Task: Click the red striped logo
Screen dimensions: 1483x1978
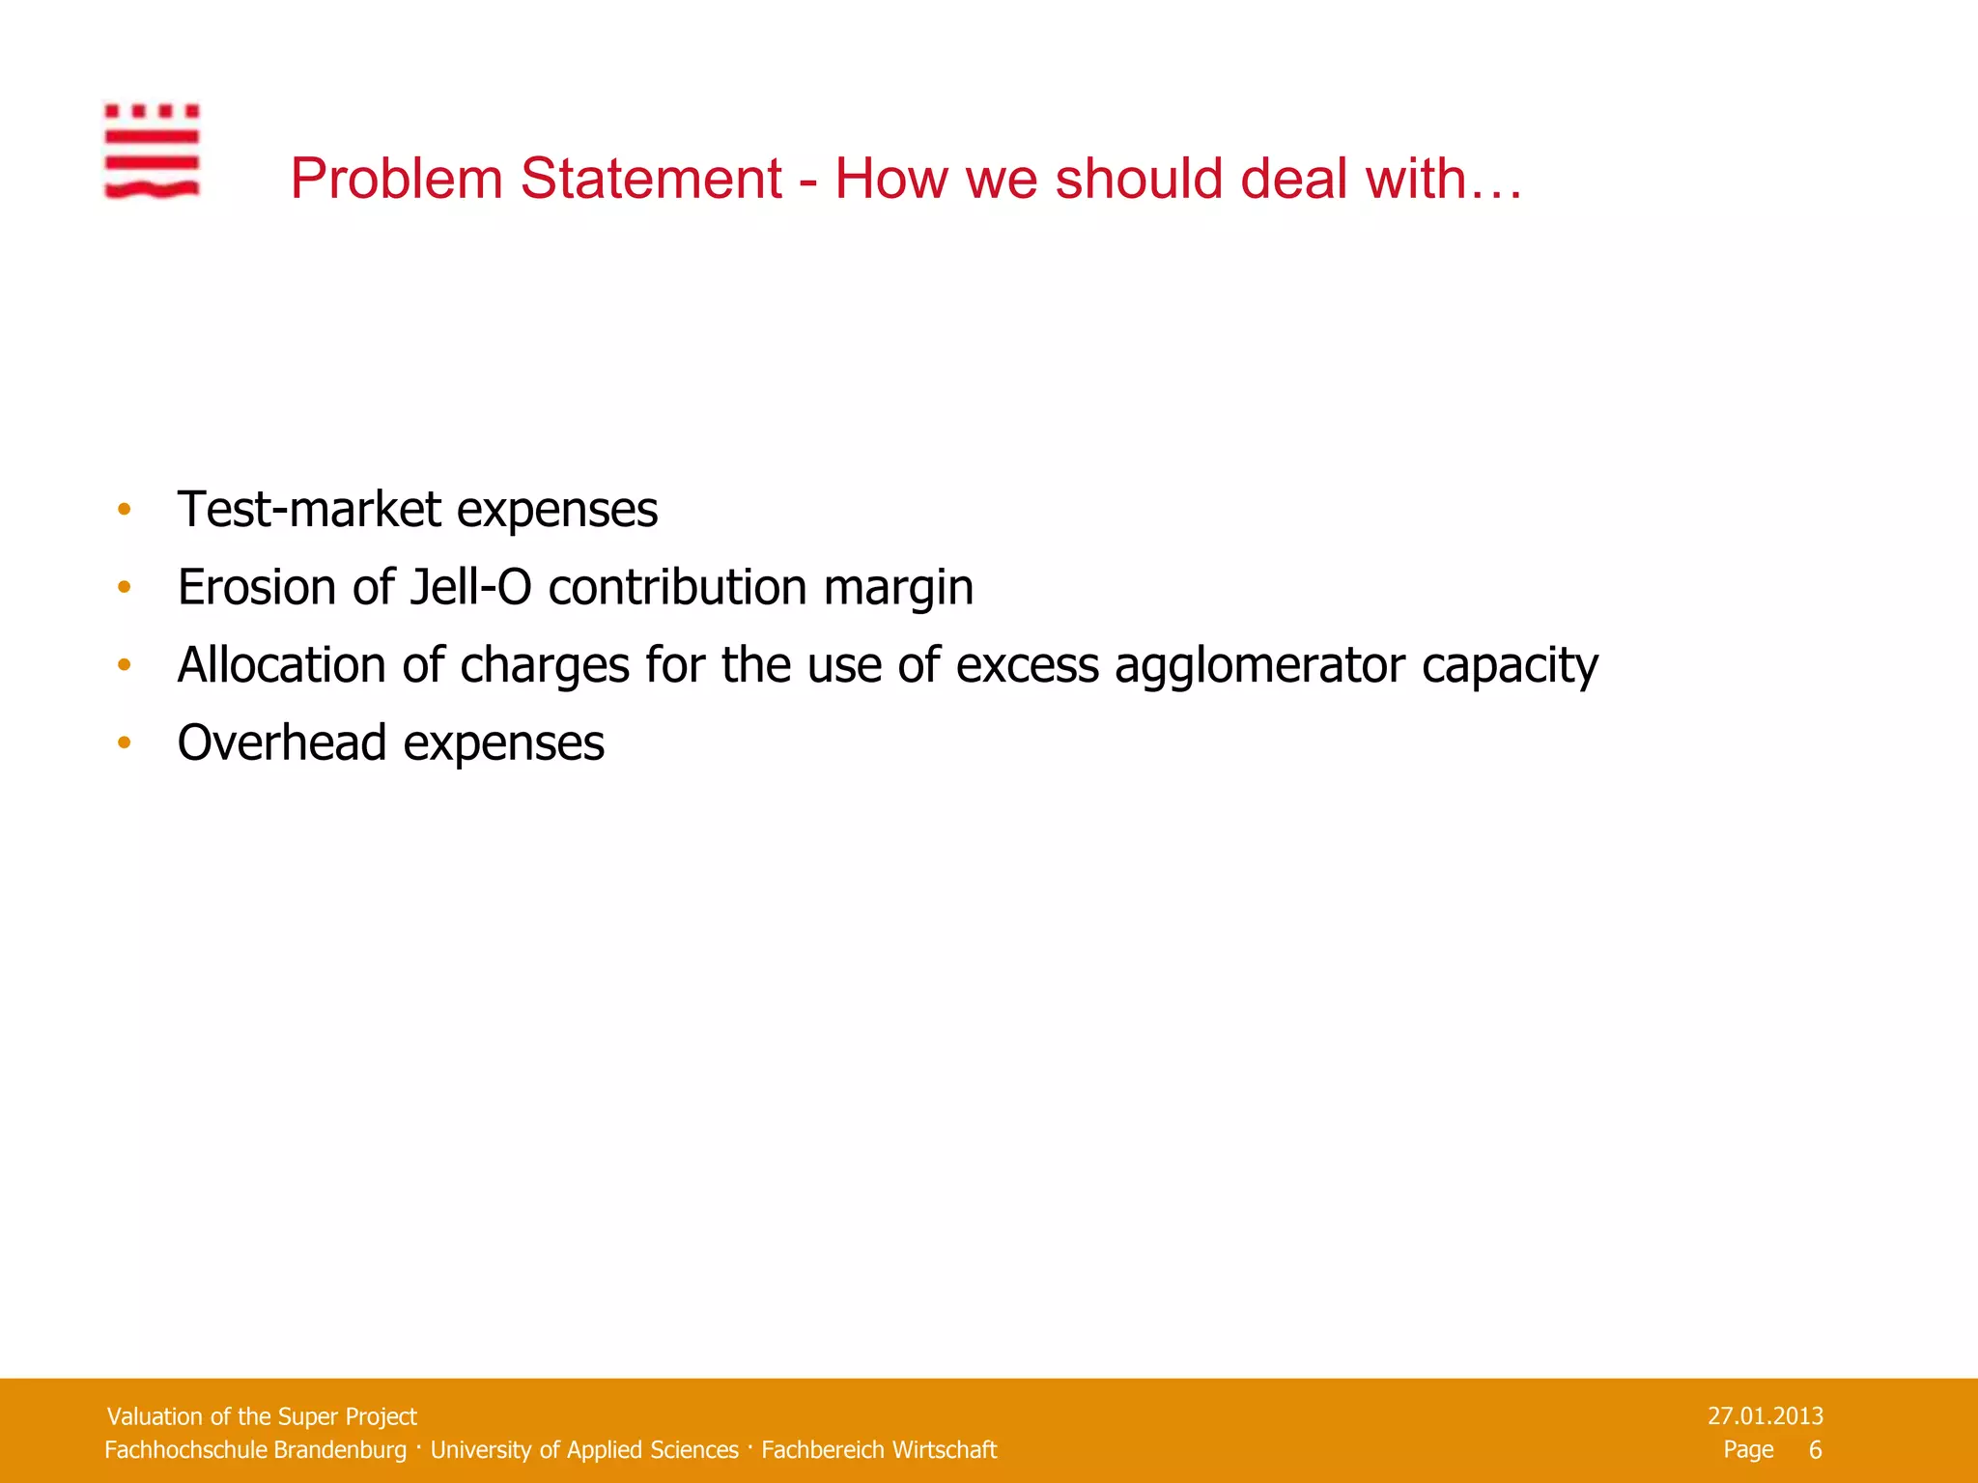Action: [x=152, y=152]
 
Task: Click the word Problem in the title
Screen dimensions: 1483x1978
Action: [x=396, y=180]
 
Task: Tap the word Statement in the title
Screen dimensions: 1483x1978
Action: [x=651, y=180]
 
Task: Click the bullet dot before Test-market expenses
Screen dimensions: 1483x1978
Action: [x=124, y=509]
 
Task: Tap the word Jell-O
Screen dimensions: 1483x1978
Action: [x=470, y=587]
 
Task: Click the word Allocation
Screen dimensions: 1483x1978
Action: [x=282, y=665]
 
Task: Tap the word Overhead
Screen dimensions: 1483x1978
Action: [x=282, y=742]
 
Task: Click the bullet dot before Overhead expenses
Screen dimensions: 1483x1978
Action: [x=124, y=742]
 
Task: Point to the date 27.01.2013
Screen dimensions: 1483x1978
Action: [x=1765, y=1416]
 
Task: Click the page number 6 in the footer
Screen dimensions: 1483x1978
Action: [x=1815, y=1450]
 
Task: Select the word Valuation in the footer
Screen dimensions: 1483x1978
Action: [x=155, y=1416]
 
